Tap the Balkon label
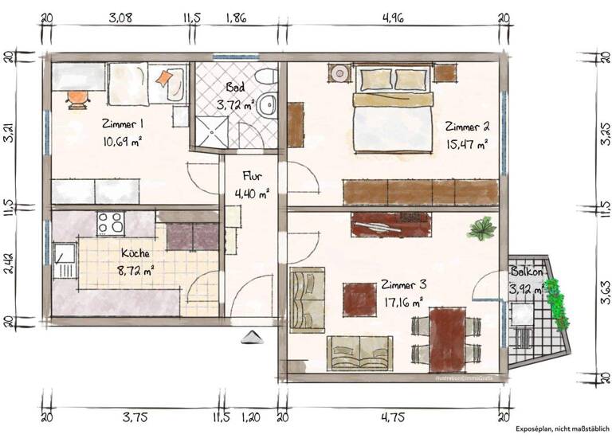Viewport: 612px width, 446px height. [x=526, y=272]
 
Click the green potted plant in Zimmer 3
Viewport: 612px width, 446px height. [x=482, y=229]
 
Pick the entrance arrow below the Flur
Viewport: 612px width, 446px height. [x=249, y=337]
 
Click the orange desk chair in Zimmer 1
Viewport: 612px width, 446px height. [x=77, y=97]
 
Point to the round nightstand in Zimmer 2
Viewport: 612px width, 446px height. [x=340, y=73]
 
